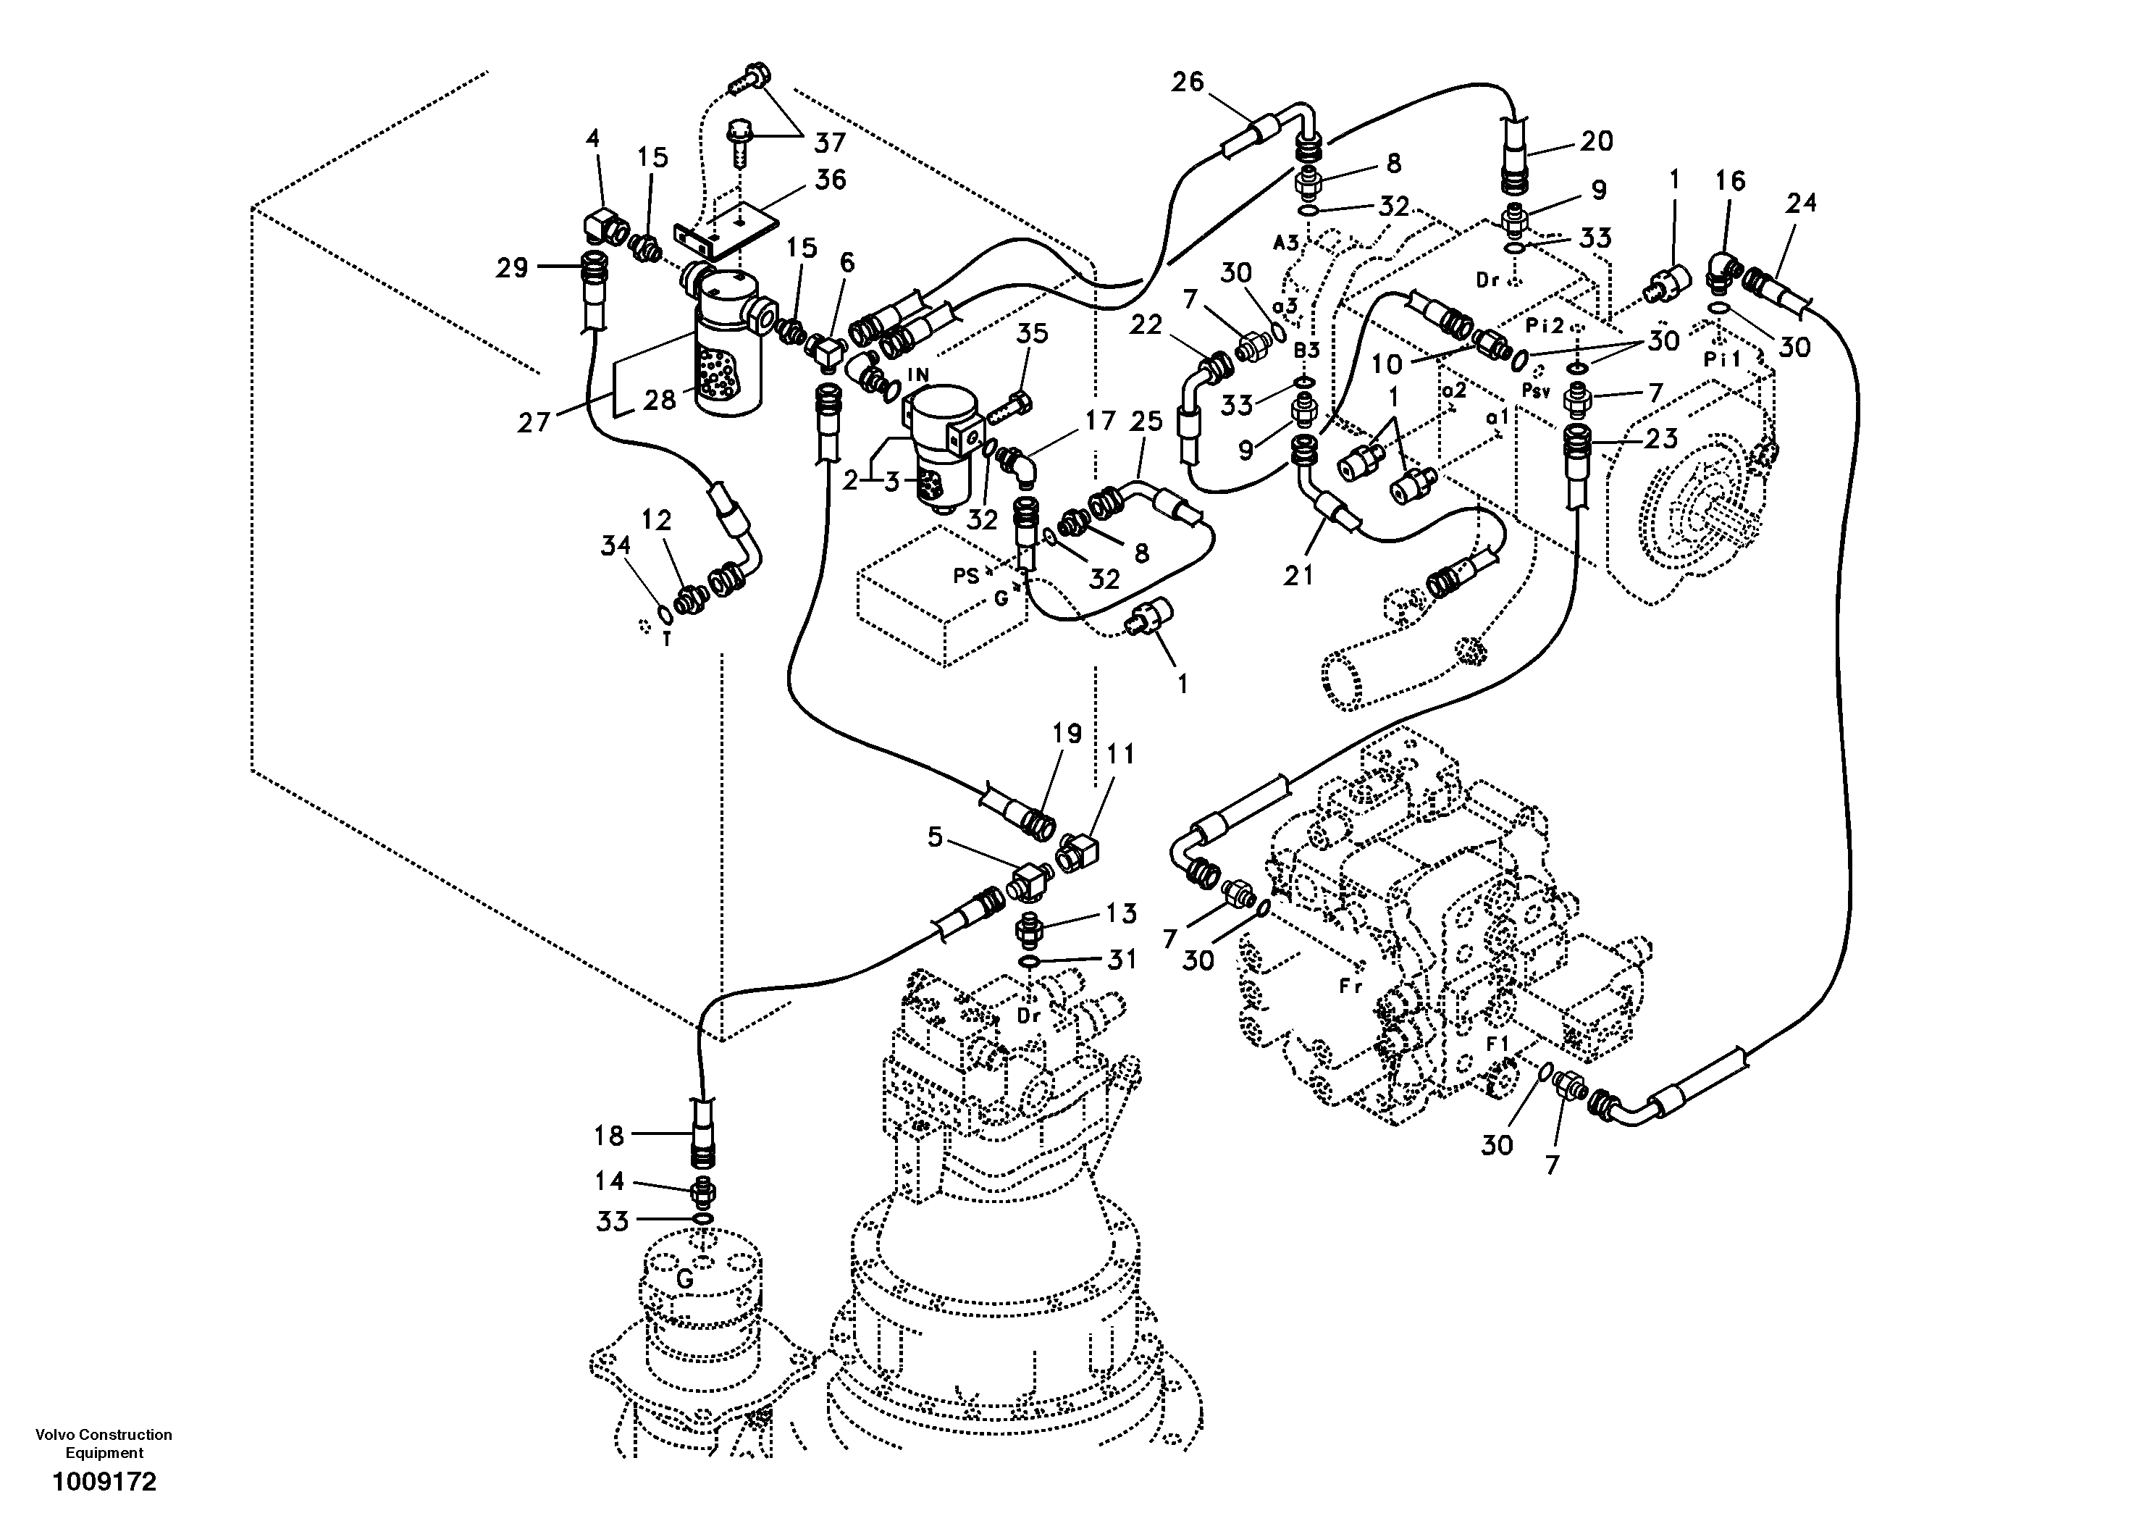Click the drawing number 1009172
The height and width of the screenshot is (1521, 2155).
click(x=104, y=1483)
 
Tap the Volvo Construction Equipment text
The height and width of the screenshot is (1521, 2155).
click(x=104, y=1443)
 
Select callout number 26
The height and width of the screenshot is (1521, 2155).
click(x=1188, y=83)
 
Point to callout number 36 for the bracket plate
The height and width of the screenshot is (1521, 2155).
click(x=830, y=180)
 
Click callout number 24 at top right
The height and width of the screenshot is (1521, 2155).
click(x=1800, y=203)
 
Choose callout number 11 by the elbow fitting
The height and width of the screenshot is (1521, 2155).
click(x=1119, y=754)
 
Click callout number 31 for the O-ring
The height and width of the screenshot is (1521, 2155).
click(x=1122, y=960)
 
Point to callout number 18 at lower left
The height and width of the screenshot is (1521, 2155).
click(x=608, y=1136)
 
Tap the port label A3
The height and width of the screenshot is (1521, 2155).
click(x=1285, y=243)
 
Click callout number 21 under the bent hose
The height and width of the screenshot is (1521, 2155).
click(x=1299, y=574)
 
